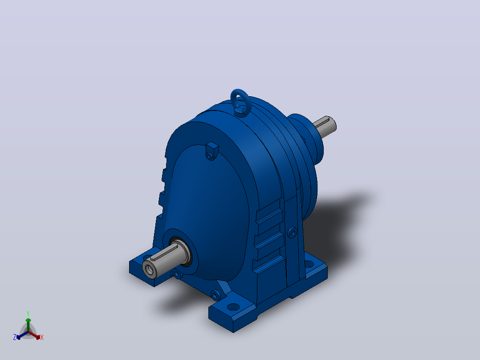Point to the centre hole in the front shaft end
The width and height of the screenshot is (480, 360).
(x=150, y=270)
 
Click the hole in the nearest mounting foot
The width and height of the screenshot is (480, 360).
(x=233, y=307)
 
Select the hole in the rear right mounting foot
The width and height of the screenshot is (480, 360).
(x=309, y=264)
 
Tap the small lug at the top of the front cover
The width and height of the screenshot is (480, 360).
(x=212, y=151)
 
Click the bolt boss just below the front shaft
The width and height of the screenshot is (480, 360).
(x=177, y=274)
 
